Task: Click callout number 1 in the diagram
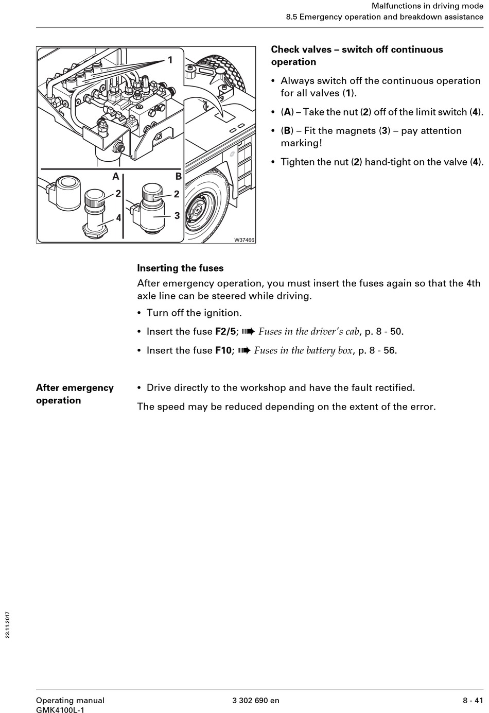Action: [170, 60]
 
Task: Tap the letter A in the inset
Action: [116, 177]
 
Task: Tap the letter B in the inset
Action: [178, 177]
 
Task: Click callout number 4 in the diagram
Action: [118, 218]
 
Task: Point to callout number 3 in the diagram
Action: [177, 215]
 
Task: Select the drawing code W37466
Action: [244, 240]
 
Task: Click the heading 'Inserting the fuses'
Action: [180, 268]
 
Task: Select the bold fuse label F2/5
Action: [225, 331]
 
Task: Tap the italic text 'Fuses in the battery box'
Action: [303, 350]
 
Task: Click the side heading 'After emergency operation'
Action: [75, 394]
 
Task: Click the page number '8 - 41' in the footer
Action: [473, 700]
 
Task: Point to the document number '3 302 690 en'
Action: [256, 700]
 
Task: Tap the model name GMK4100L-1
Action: [60, 710]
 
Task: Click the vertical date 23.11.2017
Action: [8, 625]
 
